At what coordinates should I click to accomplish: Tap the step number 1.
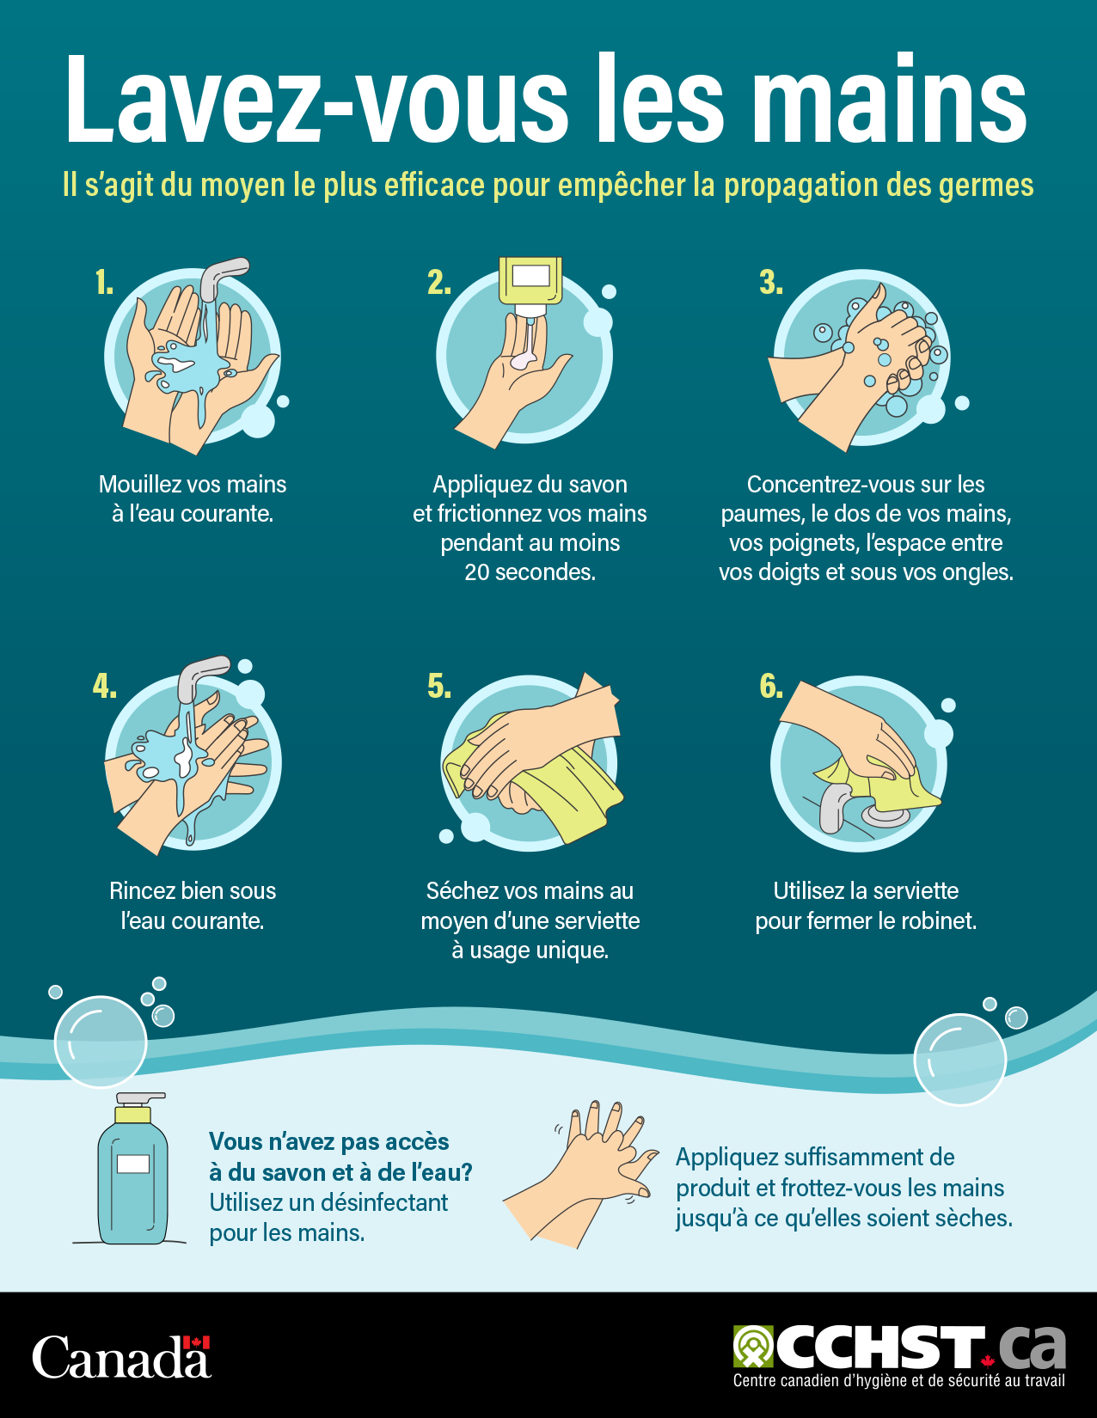point(104,283)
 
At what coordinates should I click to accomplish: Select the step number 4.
point(104,687)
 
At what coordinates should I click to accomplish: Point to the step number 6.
point(770,687)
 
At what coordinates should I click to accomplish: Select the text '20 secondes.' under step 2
point(530,572)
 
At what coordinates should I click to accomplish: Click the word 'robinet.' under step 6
point(939,921)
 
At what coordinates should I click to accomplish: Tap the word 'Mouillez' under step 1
point(138,485)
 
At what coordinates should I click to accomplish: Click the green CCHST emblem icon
point(753,1347)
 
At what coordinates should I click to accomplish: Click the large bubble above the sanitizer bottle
point(101,1042)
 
